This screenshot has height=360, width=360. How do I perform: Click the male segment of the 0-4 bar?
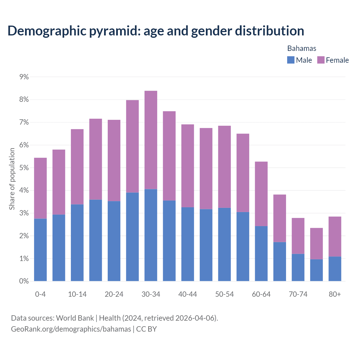(40, 250)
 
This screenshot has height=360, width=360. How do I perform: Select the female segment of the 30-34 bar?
(151, 140)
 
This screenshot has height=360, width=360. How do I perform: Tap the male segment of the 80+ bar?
(335, 269)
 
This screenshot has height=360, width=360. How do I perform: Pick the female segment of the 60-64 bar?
(261, 194)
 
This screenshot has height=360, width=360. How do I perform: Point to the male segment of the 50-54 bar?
(224, 244)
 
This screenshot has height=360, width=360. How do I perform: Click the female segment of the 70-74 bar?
(298, 236)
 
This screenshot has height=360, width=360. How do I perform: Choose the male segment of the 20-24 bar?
(114, 241)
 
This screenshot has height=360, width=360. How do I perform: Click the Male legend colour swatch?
(291, 60)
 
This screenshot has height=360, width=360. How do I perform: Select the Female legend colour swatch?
(321, 60)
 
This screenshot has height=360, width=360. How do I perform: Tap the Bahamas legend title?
(301, 48)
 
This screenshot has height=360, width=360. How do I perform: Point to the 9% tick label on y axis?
(24, 77)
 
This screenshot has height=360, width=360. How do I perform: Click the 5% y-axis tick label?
(24, 168)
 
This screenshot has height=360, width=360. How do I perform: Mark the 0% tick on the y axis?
(24, 281)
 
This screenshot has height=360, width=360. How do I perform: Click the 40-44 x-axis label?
(188, 294)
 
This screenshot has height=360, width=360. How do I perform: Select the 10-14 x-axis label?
(77, 294)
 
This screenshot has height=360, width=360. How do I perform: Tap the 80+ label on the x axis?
(335, 294)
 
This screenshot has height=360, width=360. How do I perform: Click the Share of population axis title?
(12, 179)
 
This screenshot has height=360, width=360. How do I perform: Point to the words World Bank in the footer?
(75, 318)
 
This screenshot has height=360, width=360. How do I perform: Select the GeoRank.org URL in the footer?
(71, 329)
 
